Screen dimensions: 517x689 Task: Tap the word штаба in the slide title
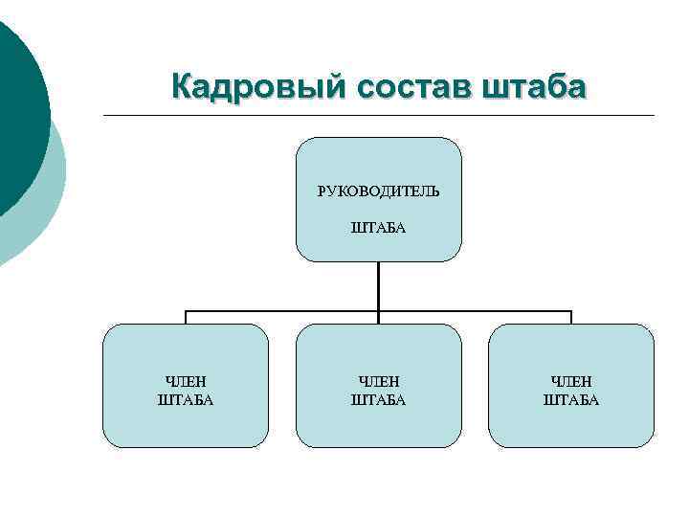536,87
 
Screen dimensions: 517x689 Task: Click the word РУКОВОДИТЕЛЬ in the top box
379,191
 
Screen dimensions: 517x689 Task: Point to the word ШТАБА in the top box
379,228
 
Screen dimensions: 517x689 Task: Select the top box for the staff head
379,158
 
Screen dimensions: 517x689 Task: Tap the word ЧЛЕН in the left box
186,382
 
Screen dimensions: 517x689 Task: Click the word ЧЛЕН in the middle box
379,382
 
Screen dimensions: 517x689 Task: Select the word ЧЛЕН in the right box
571,382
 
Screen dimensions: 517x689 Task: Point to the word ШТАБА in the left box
186,400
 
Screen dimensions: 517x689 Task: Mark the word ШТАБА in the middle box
379,400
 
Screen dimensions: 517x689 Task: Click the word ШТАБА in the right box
571,400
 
